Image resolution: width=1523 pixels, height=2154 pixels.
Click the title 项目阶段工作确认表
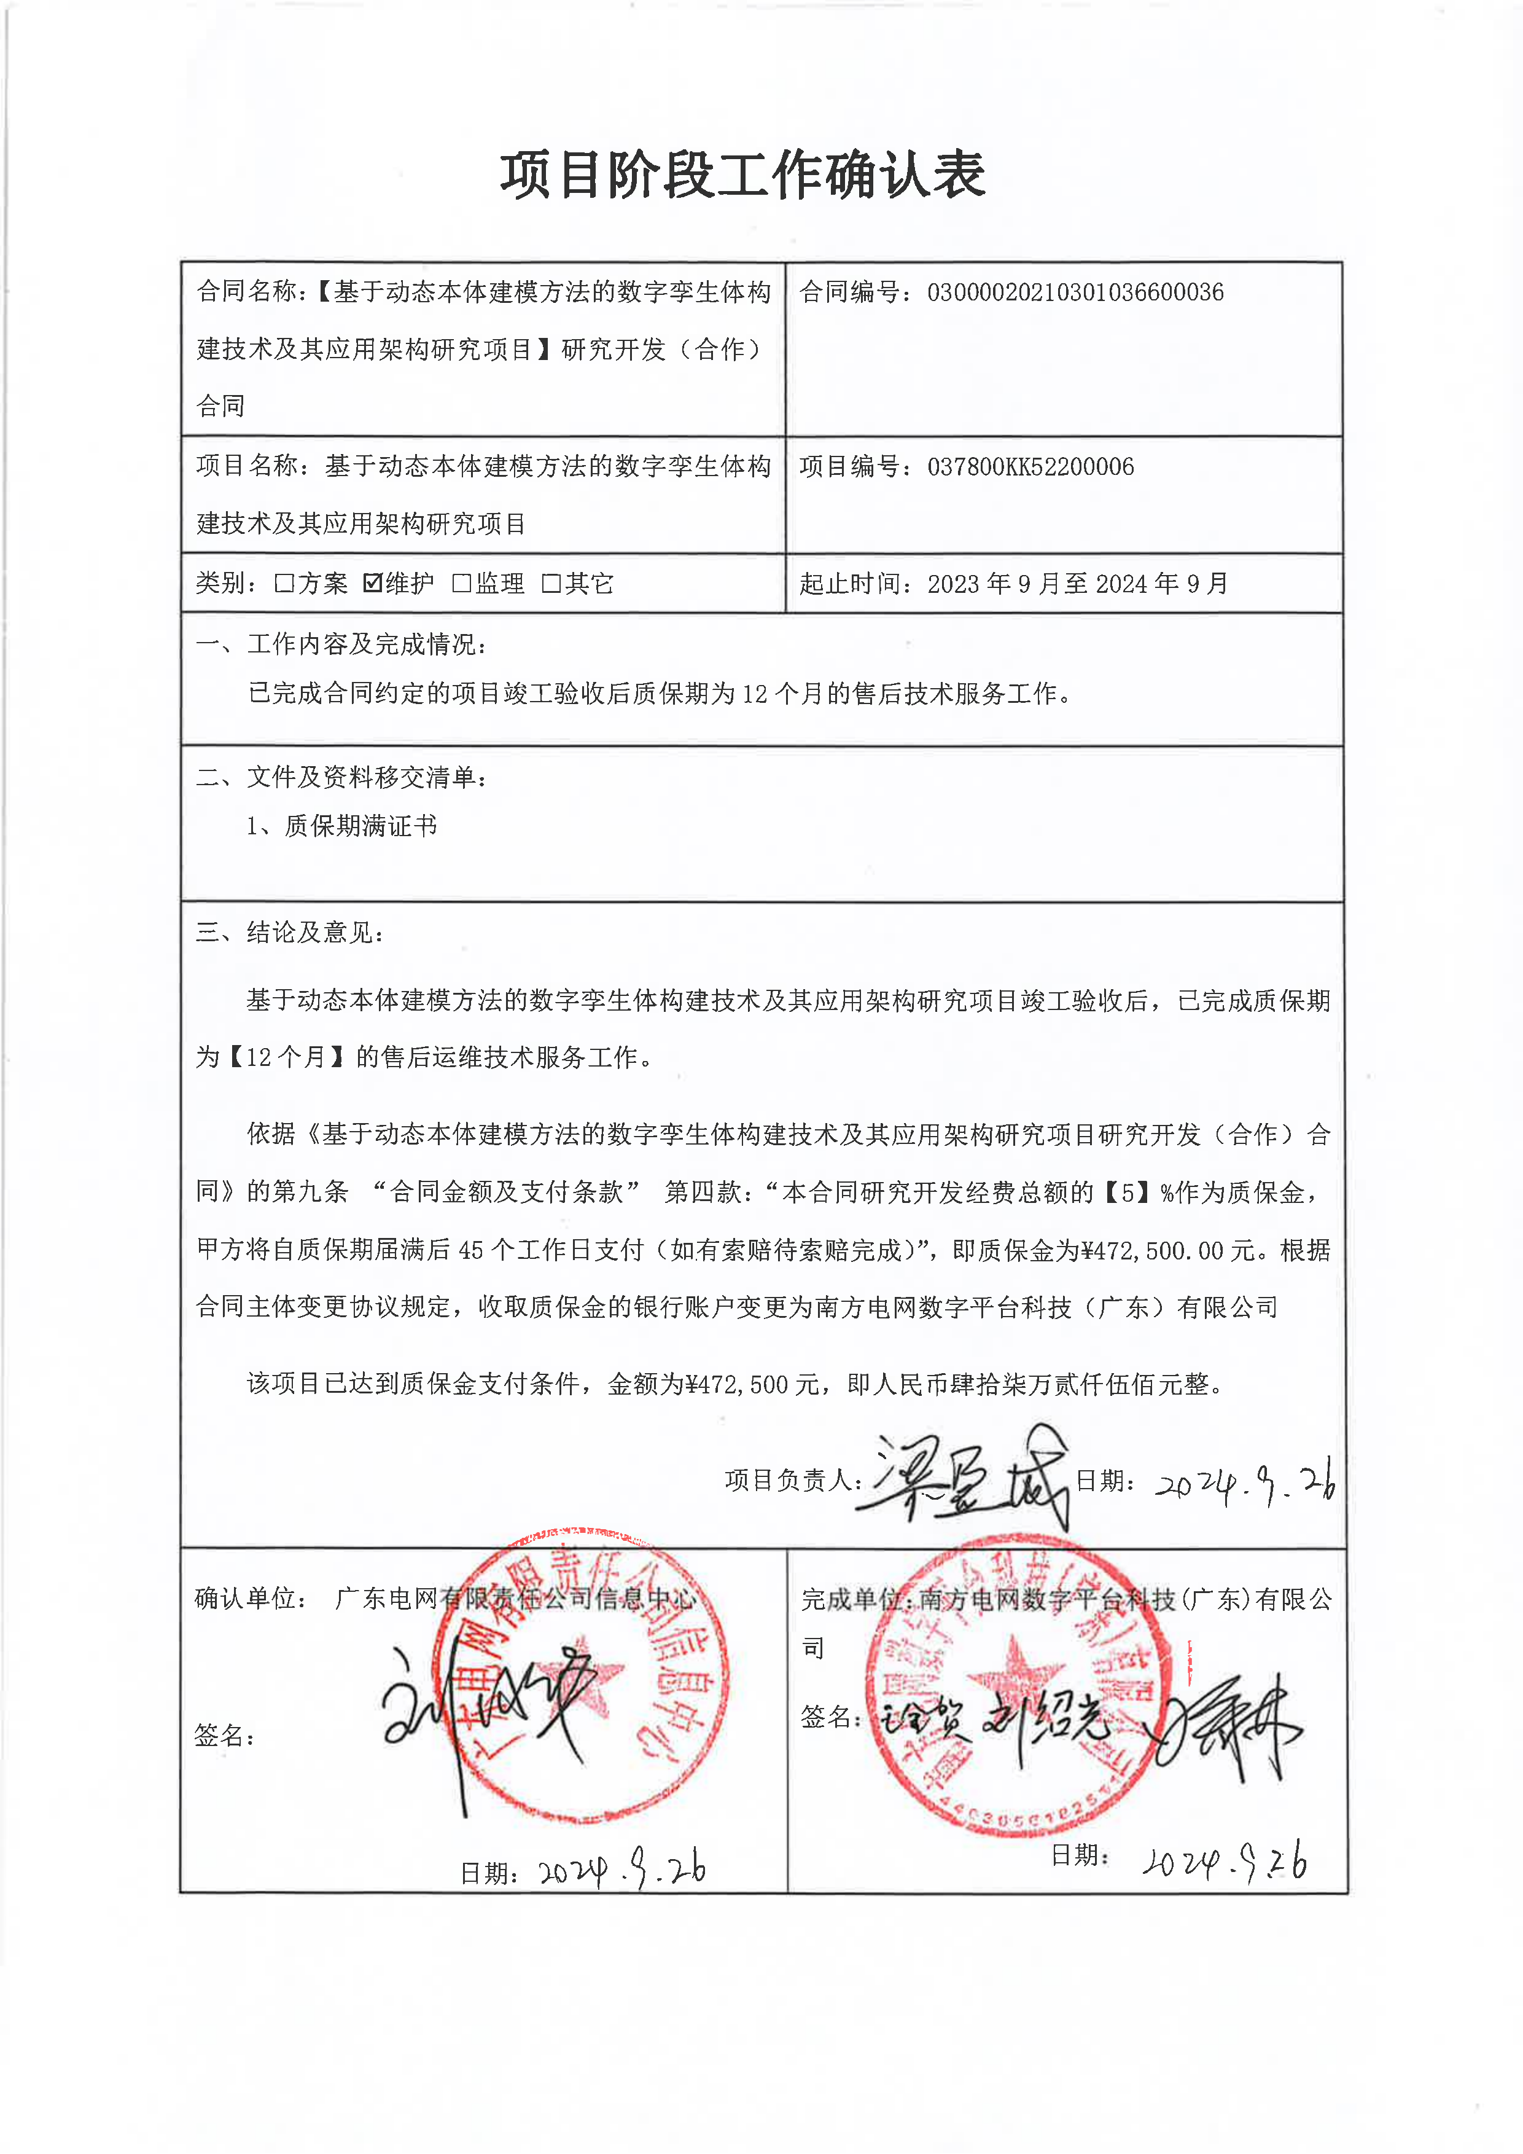coord(742,176)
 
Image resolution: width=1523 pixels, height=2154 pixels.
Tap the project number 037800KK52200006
coord(1030,467)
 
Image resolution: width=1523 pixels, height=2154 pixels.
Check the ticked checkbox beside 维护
coord(372,582)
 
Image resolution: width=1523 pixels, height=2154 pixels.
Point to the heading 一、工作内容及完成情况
coord(341,644)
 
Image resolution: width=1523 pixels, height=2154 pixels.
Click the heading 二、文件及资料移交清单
coord(341,777)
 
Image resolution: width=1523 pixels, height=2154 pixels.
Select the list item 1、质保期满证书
coord(341,826)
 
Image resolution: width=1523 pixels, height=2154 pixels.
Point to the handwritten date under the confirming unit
coord(621,1870)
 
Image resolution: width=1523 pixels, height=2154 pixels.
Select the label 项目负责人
coord(790,1481)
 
